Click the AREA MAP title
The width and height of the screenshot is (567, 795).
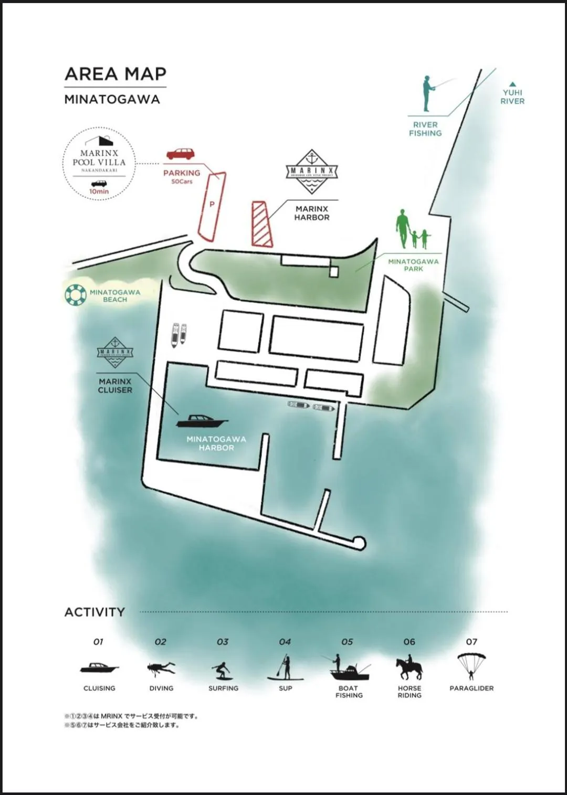[115, 74]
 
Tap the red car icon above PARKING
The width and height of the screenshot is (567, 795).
[180, 154]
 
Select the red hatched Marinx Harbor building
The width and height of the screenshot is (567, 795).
[261, 224]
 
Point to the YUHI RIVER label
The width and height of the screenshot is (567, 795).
[512, 97]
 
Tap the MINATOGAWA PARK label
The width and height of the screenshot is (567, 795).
[413, 265]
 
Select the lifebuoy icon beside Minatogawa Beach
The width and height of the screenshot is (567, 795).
[75, 295]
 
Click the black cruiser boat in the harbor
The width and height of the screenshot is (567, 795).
[202, 421]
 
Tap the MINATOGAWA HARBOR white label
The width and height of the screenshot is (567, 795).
[216, 443]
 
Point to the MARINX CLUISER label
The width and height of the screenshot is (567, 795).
[115, 386]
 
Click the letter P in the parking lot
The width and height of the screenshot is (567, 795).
[212, 204]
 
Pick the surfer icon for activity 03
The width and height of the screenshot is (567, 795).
[222, 670]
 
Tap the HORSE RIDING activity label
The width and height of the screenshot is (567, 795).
[409, 692]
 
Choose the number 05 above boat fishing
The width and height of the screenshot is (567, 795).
[347, 642]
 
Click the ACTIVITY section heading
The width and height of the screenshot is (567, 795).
[94, 612]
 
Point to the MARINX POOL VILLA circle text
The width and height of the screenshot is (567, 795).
[99, 158]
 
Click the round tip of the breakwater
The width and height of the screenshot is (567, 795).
[359, 542]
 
